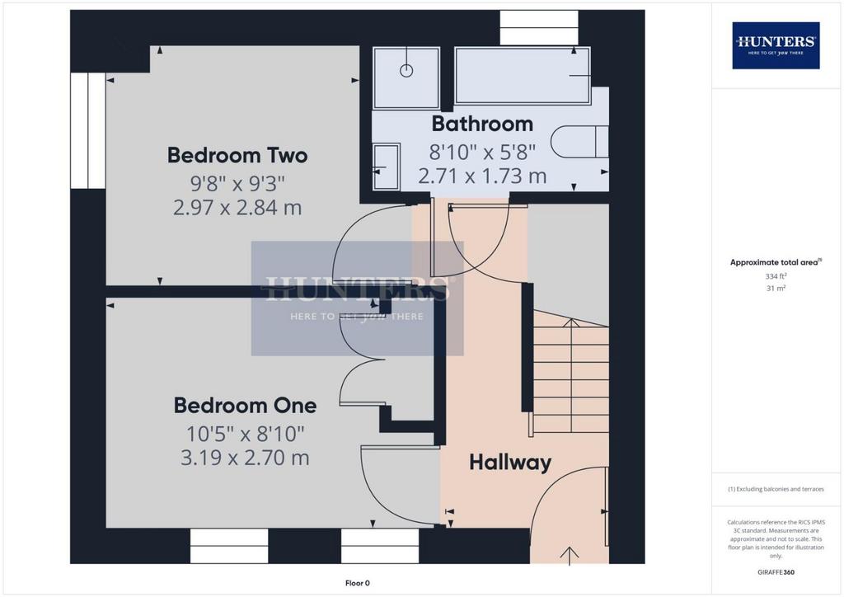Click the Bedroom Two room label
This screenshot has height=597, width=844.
click(x=237, y=155)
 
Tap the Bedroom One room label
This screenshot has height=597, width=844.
click(x=245, y=406)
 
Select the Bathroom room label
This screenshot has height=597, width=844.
click(x=482, y=124)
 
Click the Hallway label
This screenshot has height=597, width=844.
click(x=510, y=463)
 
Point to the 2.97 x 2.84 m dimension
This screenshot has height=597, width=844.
click(x=237, y=207)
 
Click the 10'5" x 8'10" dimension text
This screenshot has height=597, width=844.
click(x=246, y=434)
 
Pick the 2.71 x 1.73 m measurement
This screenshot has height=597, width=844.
click(x=482, y=176)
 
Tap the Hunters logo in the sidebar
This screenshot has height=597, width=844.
click(x=776, y=45)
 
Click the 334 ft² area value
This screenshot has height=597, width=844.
click(x=776, y=276)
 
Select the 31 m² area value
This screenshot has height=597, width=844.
click(x=776, y=288)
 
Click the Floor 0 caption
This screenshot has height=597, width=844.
click(x=358, y=583)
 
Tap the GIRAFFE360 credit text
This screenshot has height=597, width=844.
click(x=776, y=572)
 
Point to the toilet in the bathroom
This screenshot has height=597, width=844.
click(x=579, y=142)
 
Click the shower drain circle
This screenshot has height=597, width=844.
click(x=406, y=71)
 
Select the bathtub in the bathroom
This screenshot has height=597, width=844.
click(x=523, y=75)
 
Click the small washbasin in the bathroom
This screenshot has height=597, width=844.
click(x=386, y=167)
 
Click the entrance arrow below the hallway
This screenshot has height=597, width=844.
click(x=570, y=556)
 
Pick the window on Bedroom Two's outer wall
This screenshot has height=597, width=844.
click(x=87, y=131)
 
